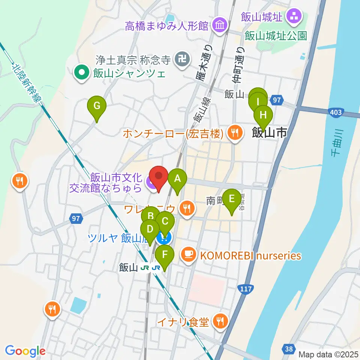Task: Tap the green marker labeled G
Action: coord(97,106)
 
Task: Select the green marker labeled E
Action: coord(232,199)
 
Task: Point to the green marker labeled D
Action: coord(150,229)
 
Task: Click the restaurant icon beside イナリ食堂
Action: coord(219,321)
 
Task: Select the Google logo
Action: coord(25,351)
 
